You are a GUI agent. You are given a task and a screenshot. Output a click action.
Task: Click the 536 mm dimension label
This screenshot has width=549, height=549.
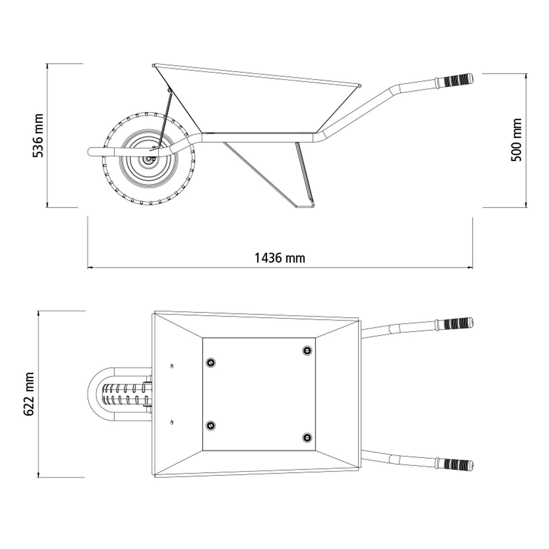(x=38, y=135)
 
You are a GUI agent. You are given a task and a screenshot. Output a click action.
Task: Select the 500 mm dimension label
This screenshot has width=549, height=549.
(x=516, y=140)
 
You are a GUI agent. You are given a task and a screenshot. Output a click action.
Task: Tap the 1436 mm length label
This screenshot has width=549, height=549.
(x=280, y=258)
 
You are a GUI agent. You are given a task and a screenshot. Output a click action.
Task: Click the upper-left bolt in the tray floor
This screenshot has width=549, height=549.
(x=210, y=362)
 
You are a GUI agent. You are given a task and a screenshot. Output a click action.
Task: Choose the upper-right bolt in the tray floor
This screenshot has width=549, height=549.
(x=307, y=351)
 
